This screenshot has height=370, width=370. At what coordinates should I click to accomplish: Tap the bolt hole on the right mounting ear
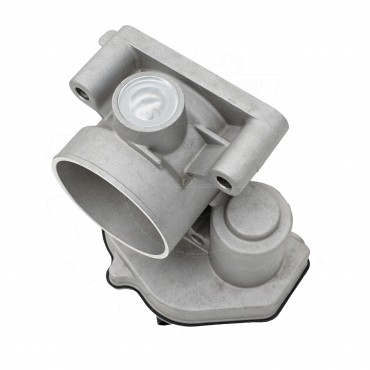coord(224,182)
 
